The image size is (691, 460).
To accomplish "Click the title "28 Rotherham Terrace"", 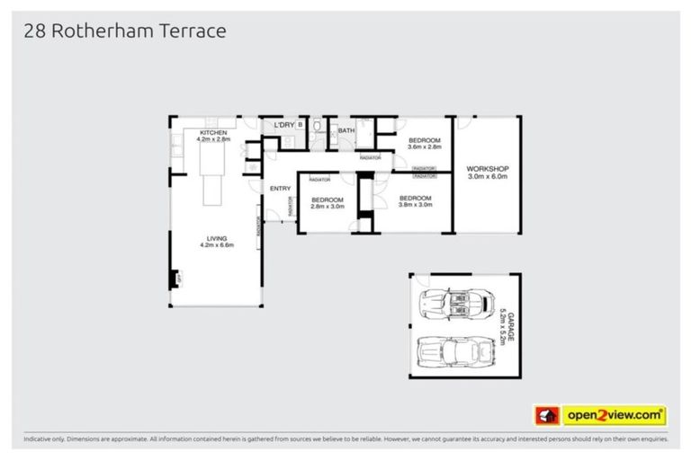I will [x=123, y=32].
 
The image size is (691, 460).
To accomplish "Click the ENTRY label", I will [x=280, y=188].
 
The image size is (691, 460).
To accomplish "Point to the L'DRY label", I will [x=284, y=125].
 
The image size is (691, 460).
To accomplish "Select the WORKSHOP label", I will [x=488, y=169].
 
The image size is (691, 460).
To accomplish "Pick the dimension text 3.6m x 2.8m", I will [x=424, y=147].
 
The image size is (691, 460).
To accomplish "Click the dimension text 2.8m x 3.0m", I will [x=327, y=206].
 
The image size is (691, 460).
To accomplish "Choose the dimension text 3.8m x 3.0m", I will [x=416, y=205].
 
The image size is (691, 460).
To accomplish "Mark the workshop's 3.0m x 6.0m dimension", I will [x=488, y=177].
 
